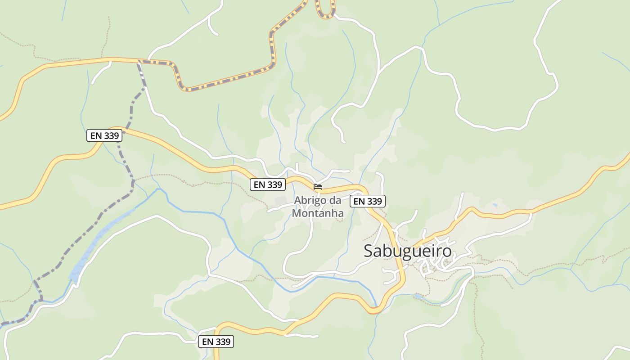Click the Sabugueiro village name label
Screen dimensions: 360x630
pos(407,251)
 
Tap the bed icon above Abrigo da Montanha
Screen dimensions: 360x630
pos(318,186)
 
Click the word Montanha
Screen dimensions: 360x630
pos(318,213)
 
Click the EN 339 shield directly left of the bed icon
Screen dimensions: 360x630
pos(268,184)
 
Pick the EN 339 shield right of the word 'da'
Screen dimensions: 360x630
pos(368,201)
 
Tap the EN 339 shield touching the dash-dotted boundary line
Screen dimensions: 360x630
pos(104,135)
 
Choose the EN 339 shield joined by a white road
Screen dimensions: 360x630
pos(216,342)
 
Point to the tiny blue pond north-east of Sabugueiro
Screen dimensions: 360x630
pos(495,206)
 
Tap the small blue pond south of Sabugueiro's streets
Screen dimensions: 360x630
pos(418,297)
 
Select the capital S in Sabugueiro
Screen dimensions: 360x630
pos(369,251)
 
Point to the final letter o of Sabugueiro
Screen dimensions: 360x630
pos(446,251)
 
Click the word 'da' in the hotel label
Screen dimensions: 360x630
pos(335,200)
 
